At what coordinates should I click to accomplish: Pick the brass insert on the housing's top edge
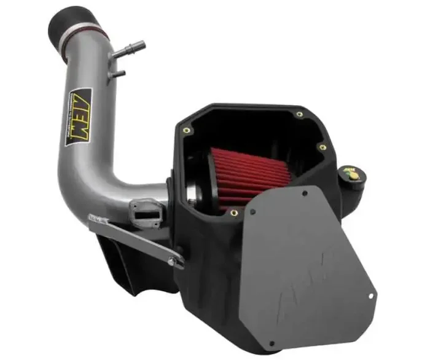pyautogui.click(x=299, y=114)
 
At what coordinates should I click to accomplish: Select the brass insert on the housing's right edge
pyautogui.click(x=322, y=147)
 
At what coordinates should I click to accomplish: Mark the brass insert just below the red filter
pyautogui.click(x=234, y=213)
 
